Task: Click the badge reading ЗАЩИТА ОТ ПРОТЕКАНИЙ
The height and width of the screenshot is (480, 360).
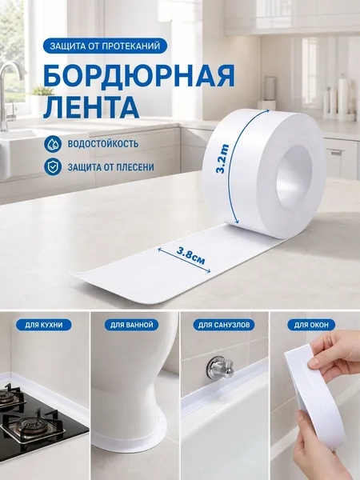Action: pyautogui.click(x=105, y=46)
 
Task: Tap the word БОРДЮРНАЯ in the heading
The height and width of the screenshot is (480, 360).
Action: pyautogui.click(x=139, y=77)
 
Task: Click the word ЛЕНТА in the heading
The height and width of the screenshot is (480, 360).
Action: pyautogui.click(x=91, y=107)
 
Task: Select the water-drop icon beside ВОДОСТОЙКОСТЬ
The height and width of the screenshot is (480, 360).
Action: pyautogui.click(x=53, y=144)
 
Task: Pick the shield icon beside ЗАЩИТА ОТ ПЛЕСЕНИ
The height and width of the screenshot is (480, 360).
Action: pyautogui.click(x=53, y=167)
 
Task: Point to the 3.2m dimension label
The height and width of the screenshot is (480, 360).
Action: pyautogui.click(x=222, y=158)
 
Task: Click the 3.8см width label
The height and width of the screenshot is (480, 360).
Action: pyautogui.click(x=191, y=256)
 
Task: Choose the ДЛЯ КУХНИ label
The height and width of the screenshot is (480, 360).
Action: pyautogui.click(x=44, y=325)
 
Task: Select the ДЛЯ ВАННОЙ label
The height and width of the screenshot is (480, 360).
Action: pyautogui.click(x=132, y=325)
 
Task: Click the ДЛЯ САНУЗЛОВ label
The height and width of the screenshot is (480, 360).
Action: pyautogui.click(x=223, y=325)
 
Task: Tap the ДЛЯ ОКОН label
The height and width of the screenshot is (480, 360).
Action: pyautogui.click(x=311, y=325)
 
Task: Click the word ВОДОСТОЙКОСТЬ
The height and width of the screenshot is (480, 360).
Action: pyautogui.click(x=103, y=144)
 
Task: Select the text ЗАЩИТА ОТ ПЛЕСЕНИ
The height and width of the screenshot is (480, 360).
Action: pyautogui.click(x=111, y=167)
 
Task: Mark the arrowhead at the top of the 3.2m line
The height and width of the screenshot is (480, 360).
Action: pyautogui.click(x=267, y=110)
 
